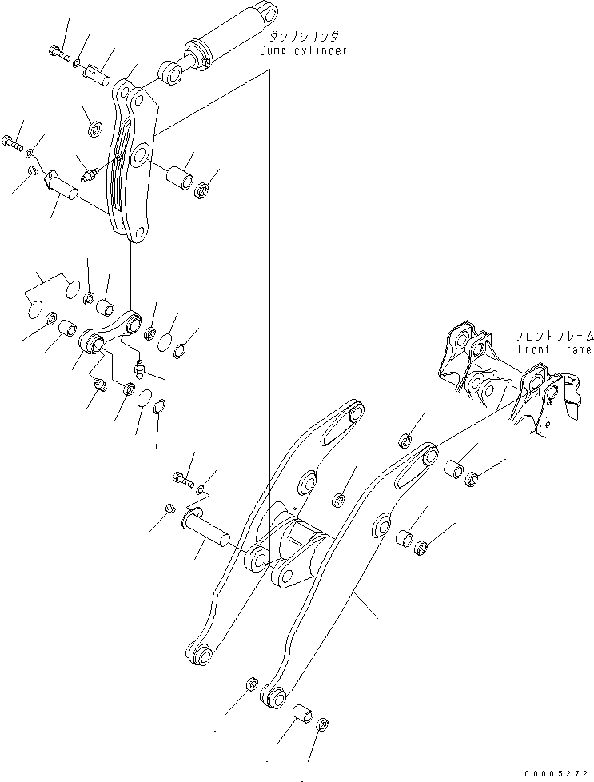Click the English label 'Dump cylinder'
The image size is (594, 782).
point(303,50)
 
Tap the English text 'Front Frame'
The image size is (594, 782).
point(554,349)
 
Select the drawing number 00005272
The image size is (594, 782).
point(557,773)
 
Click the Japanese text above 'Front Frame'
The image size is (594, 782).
point(554,337)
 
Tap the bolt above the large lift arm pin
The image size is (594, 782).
point(182,479)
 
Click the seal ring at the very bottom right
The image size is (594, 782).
point(321,726)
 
